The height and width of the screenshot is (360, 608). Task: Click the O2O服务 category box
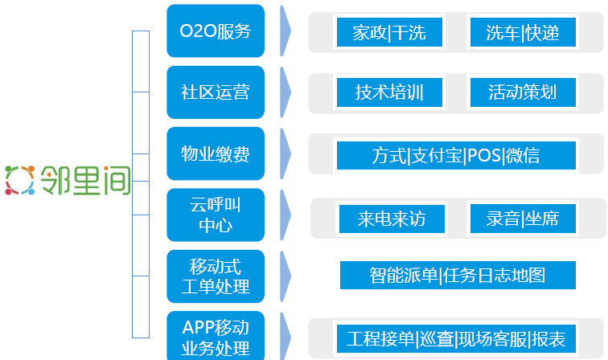[216, 31]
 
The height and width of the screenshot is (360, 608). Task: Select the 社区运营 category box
[216, 92]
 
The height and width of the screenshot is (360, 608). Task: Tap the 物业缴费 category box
[216, 153]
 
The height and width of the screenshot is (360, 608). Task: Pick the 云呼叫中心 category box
[216, 215]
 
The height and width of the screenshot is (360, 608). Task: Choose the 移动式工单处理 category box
[216, 276]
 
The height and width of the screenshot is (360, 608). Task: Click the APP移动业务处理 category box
[216, 337]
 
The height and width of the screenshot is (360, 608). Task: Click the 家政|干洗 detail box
[389, 32]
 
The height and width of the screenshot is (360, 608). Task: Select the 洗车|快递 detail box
[523, 32]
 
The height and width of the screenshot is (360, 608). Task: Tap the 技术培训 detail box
[389, 92]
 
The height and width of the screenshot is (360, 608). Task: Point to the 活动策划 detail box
[523, 92]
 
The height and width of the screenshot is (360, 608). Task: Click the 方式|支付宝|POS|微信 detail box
[456, 155]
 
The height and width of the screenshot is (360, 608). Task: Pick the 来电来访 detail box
[392, 219]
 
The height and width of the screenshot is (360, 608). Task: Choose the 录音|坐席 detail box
[523, 219]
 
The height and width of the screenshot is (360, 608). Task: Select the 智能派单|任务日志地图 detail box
[458, 275]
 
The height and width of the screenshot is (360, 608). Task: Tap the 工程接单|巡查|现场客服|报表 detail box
[456, 338]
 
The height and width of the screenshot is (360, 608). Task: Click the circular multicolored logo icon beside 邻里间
[20, 180]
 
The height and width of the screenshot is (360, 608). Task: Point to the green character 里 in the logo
[85, 180]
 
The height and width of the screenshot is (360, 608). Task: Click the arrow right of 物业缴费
[285, 153]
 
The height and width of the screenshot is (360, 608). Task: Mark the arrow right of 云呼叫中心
[285, 215]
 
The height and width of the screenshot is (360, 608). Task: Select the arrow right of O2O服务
[285, 31]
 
